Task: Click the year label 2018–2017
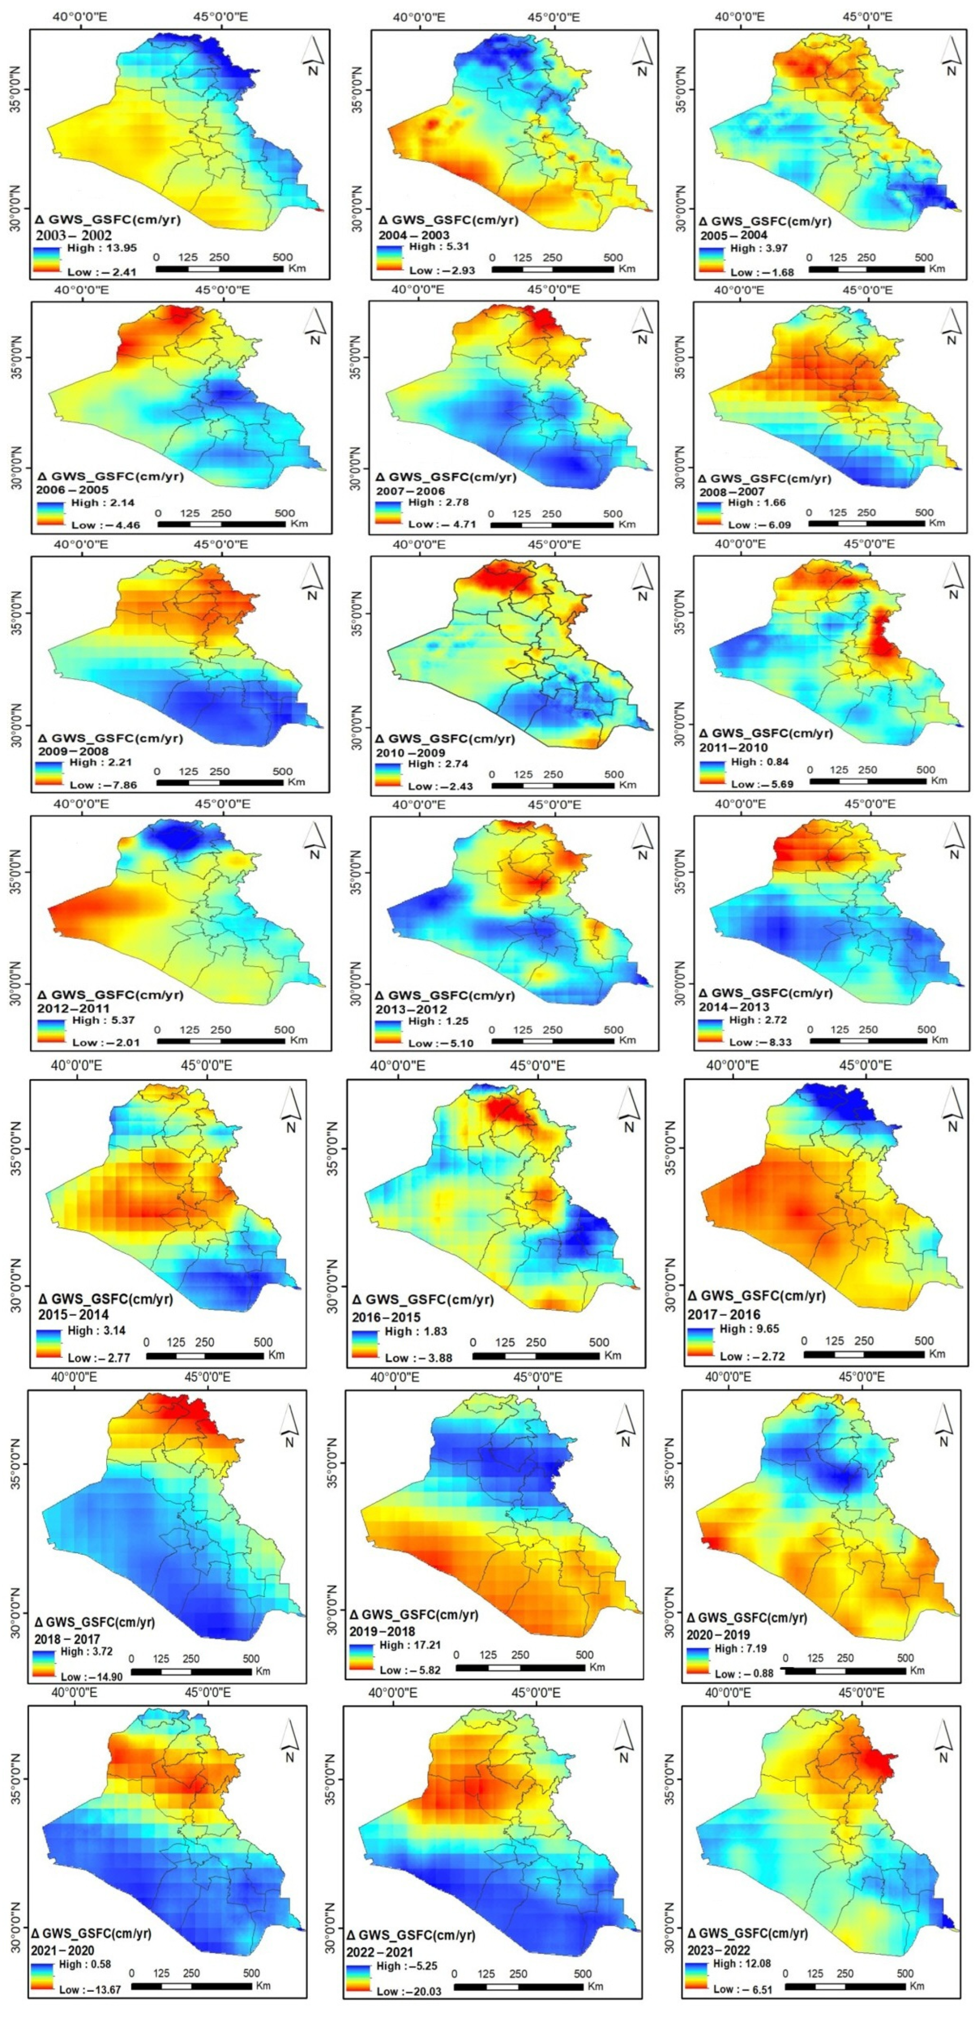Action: pos(67,1639)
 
